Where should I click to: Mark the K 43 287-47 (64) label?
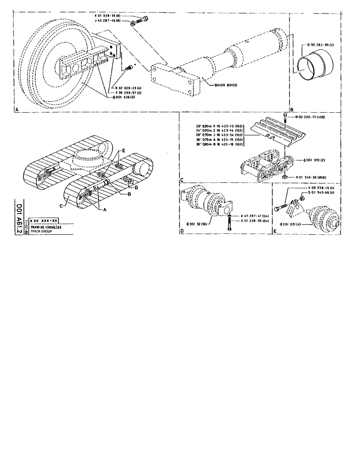pos(256,216)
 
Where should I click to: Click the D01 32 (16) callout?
pos(197,224)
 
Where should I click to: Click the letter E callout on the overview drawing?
pos(124,151)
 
